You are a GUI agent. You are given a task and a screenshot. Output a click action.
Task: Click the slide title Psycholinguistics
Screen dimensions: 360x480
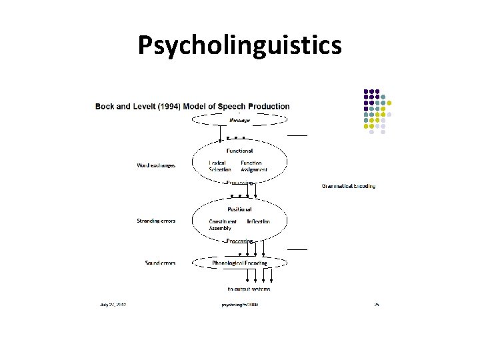240,45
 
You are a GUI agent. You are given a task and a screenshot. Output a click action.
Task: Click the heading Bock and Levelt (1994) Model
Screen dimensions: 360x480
193,106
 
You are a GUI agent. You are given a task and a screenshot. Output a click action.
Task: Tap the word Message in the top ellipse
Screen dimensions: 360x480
239,120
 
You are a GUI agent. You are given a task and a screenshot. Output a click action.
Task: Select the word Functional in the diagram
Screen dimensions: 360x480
239,151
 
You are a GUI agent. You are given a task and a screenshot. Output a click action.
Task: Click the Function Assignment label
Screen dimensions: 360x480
253,166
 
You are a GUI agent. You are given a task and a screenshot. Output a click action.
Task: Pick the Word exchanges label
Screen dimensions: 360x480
156,165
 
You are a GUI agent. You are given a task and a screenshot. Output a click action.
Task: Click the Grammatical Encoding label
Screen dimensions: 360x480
349,186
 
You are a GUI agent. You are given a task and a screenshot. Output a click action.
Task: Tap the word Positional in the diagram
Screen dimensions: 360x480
239,209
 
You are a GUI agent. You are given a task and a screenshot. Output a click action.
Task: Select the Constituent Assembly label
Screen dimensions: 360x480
223,225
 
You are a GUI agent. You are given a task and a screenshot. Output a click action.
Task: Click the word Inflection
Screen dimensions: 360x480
259,221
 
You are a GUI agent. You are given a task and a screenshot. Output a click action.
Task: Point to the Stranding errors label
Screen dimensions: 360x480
156,221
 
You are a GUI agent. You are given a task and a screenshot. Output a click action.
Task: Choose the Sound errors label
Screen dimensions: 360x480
160,263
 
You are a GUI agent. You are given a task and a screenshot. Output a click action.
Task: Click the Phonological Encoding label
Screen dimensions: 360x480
239,263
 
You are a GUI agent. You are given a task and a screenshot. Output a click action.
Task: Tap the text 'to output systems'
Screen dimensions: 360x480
249,289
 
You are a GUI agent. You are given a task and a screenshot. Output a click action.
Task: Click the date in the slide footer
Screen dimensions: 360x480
113,305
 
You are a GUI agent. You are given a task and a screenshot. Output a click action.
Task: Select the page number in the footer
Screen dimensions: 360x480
376,305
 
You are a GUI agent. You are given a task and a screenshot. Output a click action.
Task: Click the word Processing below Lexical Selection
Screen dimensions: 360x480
239,182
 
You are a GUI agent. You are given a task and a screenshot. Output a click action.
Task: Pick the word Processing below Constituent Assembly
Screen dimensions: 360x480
239,241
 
